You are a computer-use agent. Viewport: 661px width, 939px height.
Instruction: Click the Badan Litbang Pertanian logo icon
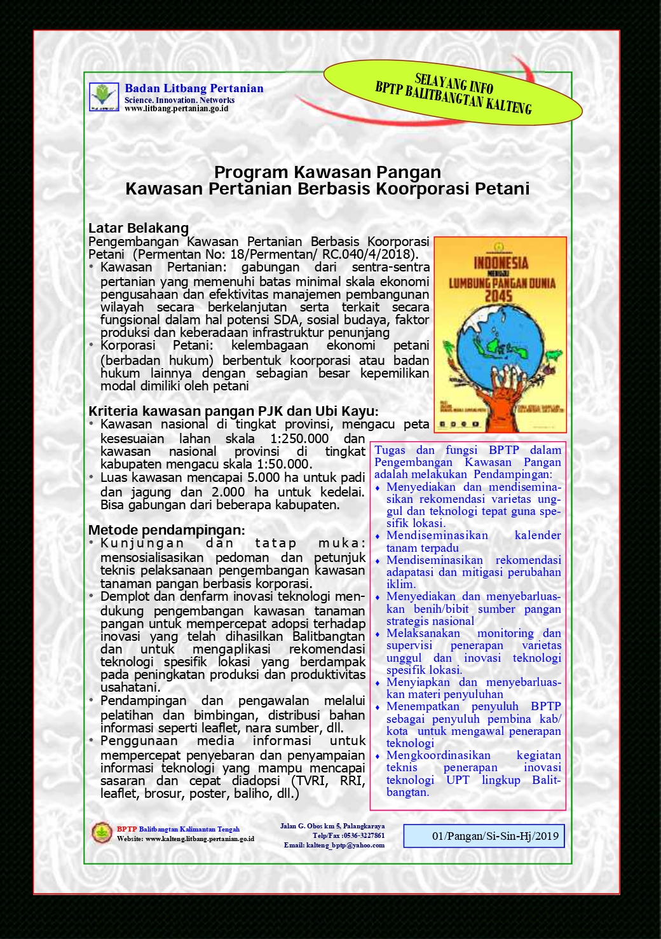tap(103, 97)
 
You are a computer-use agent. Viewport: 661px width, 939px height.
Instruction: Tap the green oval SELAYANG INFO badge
tap(453, 93)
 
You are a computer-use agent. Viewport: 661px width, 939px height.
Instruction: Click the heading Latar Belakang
tap(139, 228)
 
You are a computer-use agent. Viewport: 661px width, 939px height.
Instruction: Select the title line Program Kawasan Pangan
tap(327, 172)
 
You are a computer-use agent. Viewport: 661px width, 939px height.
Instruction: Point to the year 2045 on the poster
tap(498, 296)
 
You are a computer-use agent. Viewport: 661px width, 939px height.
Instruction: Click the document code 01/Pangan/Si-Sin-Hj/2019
tap(495, 836)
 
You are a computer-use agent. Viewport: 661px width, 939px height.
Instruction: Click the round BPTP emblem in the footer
tap(101, 833)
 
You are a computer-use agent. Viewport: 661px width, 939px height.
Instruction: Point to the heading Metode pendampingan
tap(167, 530)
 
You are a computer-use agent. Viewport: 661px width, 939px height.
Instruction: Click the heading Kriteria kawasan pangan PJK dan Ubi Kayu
tap(233, 411)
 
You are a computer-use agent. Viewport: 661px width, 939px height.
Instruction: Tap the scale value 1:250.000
tap(299, 439)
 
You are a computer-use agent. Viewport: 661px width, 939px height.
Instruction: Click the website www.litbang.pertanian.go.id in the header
tap(176, 109)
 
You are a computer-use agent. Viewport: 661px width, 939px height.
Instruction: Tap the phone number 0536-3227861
tap(362, 836)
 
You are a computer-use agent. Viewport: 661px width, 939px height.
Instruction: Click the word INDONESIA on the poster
tap(501, 263)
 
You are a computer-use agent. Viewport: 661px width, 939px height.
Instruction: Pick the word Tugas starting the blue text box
tap(390, 450)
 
